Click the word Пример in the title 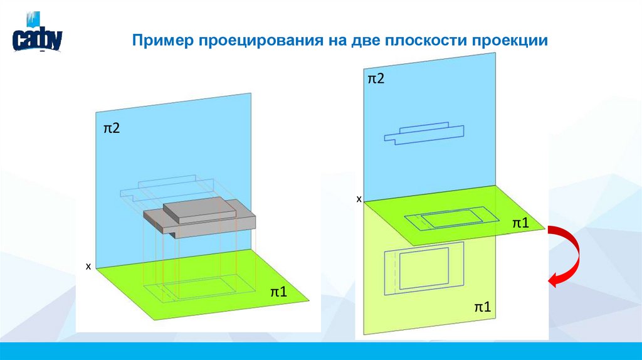tap(162, 41)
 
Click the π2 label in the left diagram tap(112, 128)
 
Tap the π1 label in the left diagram tap(278, 292)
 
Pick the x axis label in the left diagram tap(88, 267)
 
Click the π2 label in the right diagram tap(376, 78)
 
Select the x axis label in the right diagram tap(359, 199)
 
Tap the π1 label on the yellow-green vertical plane tap(481, 307)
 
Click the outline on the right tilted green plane tap(445, 220)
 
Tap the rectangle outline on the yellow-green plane tap(423, 270)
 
